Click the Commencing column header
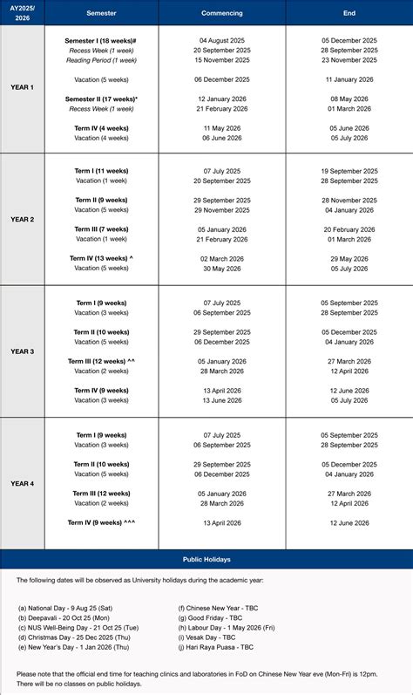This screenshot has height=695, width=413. tap(221, 13)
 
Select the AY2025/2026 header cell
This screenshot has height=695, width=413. tap(22, 13)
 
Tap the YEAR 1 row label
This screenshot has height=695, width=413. tap(22, 88)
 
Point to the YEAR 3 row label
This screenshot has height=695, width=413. tap(22, 351)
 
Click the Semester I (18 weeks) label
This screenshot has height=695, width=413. tap(100, 41)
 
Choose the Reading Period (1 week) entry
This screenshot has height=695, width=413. tap(103, 60)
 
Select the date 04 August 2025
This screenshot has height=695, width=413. tap(221, 41)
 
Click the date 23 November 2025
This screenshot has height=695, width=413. tap(349, 60)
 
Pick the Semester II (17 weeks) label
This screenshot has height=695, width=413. tap(101, 99)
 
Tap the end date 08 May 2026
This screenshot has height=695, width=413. tap(349, 99)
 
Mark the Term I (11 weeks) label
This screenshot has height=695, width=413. tap(101, 171)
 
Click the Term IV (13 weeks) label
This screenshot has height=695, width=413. tap(101, 258)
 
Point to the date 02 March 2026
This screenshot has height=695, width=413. tap(221, 258)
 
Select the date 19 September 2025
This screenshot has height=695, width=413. tap(349, 171)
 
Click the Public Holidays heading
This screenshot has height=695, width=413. tap(206, 559)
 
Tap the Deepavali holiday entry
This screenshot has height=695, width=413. tap(61, 617)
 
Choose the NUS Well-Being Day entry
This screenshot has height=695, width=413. tap(71, 627)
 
